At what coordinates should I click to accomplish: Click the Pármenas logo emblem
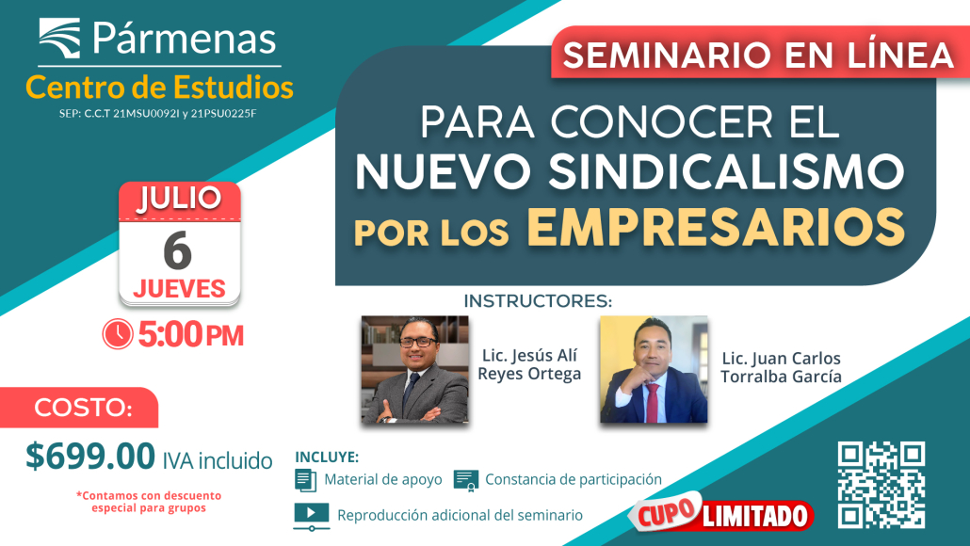pos(59,39)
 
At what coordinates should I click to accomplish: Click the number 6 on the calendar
pos(178,250)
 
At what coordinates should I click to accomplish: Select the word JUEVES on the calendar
pos(179,289)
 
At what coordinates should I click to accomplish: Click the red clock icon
pos(118,334)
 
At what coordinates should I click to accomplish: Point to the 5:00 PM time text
pos(190,334)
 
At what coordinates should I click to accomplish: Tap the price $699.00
pos(90,456)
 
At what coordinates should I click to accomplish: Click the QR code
pos(881,485)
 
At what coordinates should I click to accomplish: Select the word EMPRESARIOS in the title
pos(716,228)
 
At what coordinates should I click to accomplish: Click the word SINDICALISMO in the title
pos(726,171)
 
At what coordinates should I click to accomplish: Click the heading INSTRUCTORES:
pos(538,301)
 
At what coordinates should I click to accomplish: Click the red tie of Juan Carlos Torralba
pos(652,402)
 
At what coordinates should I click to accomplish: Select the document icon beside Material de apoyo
pos(306,480)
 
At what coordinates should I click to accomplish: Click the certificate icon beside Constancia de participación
pos(466,480)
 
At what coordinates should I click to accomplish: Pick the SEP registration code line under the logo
pos(158,114)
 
